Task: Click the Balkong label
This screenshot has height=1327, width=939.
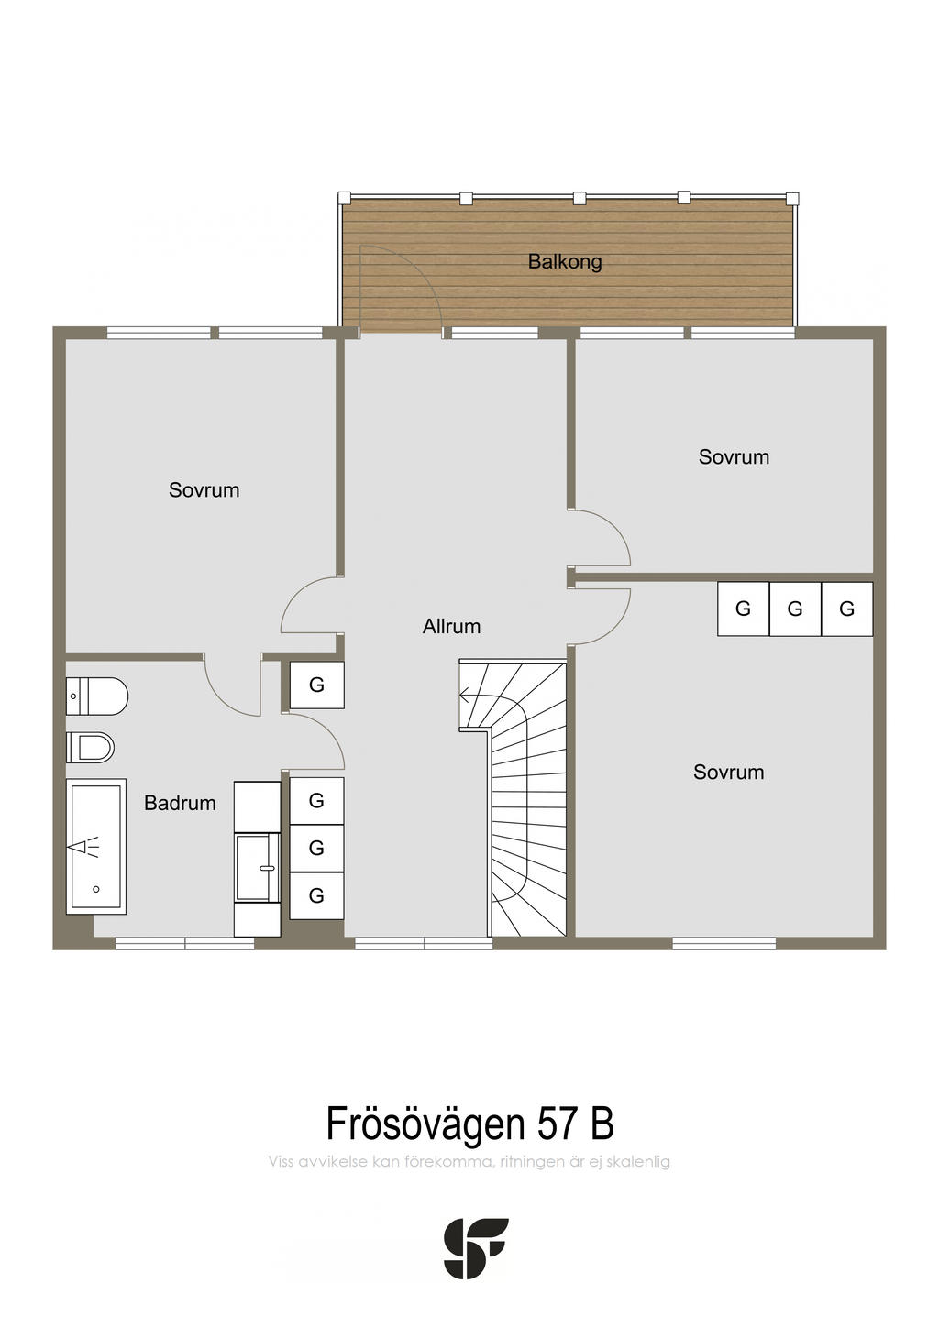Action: (564, 261)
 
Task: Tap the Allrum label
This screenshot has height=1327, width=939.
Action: (451, 626)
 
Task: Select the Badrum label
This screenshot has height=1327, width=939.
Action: (180, 803)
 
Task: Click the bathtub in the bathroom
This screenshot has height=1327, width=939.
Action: (96, 846)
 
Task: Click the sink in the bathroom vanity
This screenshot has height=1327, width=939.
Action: (258, 867)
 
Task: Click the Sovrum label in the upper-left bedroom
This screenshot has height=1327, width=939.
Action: (204, 490)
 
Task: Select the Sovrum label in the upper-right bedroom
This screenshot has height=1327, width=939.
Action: (734, 456)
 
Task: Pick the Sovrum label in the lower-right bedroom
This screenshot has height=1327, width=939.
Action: (729, 772)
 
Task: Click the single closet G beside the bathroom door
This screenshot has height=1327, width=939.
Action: (316, 685)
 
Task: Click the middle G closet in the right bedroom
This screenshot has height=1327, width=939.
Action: (795, 609)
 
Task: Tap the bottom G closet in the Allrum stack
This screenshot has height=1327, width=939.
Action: (316, 895)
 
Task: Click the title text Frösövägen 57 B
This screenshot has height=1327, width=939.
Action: (469, 1123)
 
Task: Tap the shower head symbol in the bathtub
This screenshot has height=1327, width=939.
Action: (84, 847)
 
